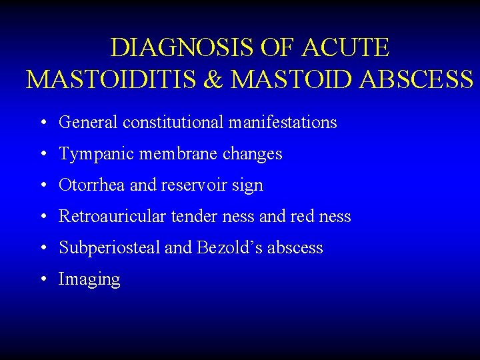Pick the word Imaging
[x=89, y=280]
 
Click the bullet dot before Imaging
[x=43, y=279]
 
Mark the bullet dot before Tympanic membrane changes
[x=43, y=154]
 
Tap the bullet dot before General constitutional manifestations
[x=43, y=123]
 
